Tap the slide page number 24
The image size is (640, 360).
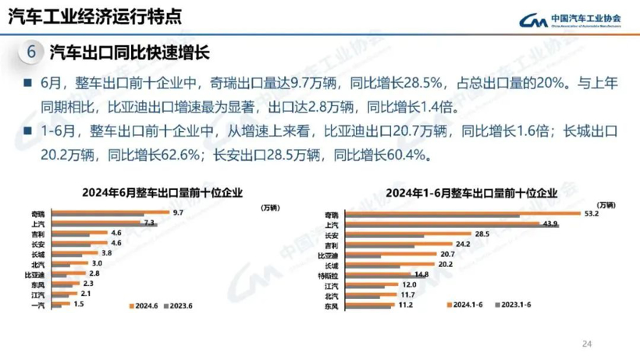588,343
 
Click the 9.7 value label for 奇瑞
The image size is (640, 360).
178,212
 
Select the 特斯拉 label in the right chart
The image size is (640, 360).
331,275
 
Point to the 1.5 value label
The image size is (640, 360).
78,303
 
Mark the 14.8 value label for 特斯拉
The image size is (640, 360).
421,273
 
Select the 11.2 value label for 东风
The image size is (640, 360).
404,304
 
